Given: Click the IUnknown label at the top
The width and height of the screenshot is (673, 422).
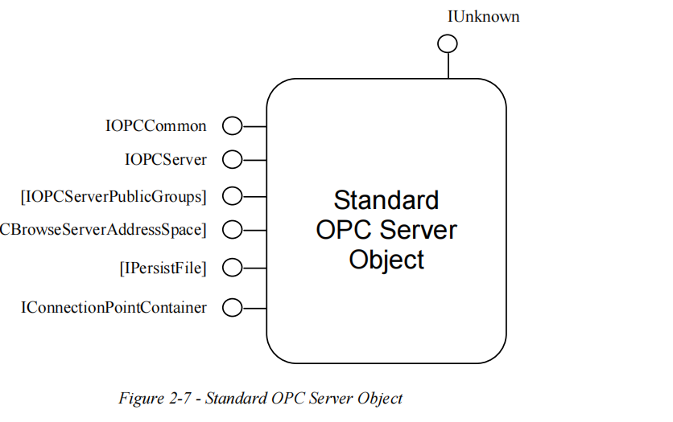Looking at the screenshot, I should click(483, 16).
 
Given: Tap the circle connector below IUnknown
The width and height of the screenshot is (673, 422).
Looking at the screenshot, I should click(448, 44).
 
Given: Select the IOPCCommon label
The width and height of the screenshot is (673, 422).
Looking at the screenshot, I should click(155, 126).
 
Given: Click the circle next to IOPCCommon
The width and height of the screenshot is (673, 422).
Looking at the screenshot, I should click(232, 126).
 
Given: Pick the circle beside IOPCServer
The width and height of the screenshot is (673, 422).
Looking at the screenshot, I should click(232, 160).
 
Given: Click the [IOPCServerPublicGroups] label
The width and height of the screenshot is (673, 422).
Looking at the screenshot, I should click(114, 195).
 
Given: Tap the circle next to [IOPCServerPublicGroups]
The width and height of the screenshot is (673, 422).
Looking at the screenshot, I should click(232, 195).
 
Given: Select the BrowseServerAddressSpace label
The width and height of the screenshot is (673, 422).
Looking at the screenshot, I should click(103, 230).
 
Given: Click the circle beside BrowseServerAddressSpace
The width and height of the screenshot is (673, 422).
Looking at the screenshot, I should click(232, 230).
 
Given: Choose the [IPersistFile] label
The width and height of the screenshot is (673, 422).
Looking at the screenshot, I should click(163, 268).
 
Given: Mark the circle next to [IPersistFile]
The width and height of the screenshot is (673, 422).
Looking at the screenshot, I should click(232, 268).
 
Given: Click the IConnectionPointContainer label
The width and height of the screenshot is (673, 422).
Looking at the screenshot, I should click(114, 307).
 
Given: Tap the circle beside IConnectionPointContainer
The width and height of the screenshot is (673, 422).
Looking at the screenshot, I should click(232, 307).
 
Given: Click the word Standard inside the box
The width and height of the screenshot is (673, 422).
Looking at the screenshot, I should click(386, 200).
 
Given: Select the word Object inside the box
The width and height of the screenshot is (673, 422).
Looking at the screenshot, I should click(386, 260).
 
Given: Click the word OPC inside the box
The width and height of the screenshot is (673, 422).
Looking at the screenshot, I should click(342, 230).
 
